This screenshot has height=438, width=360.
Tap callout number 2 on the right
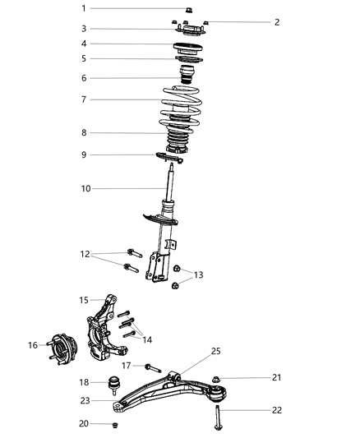[x=277, y=22]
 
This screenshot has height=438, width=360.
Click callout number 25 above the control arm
[x=216, y=352]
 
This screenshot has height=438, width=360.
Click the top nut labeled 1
[x=188, y=10]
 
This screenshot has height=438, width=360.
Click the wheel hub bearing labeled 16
[x=62, y=345]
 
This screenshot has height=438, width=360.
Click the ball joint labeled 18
[x=116, y=383]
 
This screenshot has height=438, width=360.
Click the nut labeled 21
[x=215, y=380]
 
